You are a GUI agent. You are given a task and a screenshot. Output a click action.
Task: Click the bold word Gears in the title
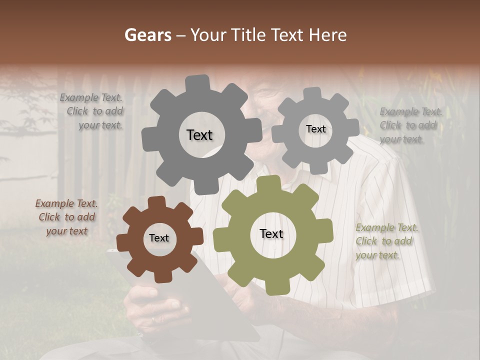click(x=147, y=35)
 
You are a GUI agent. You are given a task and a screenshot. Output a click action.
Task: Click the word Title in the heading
click(x=250, y=35)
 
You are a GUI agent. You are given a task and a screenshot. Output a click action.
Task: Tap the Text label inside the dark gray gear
click(x=199, y=135)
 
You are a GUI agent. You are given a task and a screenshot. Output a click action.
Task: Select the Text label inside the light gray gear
click(x=315, y=129)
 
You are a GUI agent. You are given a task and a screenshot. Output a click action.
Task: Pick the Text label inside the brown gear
click(x=159, y=238)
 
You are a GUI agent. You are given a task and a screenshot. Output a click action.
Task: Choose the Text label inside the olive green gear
click(x=271, y=233)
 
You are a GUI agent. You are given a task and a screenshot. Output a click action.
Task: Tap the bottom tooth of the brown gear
click(x=161, y=276)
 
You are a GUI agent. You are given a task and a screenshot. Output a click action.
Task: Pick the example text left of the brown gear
click(x=66, y=217)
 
